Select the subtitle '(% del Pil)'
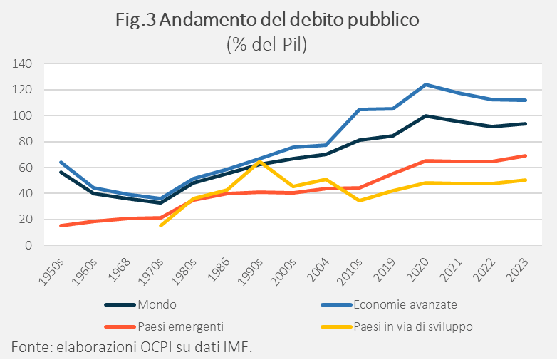266,44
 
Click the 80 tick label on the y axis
25,142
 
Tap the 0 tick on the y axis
28,245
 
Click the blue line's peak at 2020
426,84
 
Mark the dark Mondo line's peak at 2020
426,115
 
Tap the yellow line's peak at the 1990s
259,162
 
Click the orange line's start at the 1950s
61,225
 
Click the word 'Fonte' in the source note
26,347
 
